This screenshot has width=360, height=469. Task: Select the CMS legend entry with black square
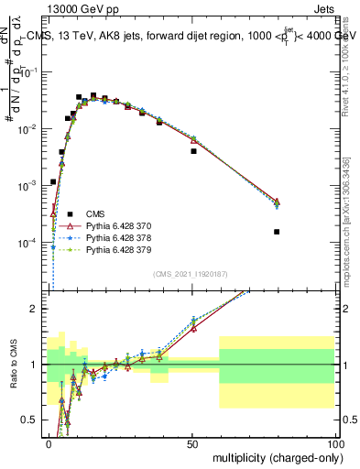pos(92,213)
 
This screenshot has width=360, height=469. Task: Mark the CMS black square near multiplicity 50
pos(193,151)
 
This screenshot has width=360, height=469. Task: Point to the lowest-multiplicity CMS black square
pos(54,182)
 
